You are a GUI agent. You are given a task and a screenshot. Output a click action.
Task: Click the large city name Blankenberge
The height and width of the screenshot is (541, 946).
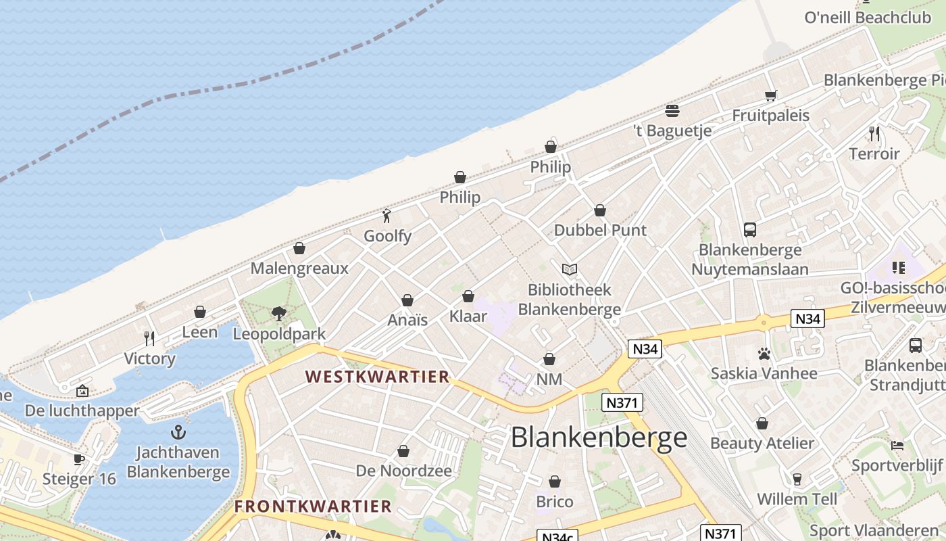(599, 438)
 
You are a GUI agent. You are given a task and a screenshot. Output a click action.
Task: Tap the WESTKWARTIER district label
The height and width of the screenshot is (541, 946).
(377, 377)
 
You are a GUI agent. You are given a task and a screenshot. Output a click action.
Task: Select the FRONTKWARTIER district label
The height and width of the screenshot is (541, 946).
(313, 506)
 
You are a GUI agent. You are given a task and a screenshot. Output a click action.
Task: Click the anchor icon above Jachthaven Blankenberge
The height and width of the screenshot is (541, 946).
(178, 431)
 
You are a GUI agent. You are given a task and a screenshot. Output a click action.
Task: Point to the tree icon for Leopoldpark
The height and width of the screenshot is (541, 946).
(278, 313)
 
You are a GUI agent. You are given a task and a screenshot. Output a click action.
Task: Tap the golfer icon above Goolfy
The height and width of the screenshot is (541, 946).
(387, 216)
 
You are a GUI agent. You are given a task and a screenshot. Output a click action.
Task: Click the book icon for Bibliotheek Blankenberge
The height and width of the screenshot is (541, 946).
(570, 270)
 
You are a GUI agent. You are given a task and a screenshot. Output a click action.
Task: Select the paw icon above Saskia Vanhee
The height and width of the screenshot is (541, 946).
(764, 353)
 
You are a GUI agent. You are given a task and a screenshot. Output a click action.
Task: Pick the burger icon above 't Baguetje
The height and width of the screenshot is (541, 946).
(672, 110)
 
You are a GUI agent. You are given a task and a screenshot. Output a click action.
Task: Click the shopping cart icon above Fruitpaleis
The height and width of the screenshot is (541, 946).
(771, 95)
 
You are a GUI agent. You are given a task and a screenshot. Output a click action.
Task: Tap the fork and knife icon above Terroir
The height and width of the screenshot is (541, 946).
(874, 133)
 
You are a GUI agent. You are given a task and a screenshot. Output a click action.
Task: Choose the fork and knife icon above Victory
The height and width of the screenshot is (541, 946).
(149, 338)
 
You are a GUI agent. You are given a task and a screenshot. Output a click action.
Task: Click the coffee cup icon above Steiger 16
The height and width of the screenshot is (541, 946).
(79, 459)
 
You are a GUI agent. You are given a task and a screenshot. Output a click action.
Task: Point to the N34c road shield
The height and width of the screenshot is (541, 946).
(558, 536)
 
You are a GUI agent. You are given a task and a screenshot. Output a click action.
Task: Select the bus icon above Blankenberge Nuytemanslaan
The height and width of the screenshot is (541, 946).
(750, 229)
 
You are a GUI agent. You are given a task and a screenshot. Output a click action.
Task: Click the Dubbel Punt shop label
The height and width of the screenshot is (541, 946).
(600, 230)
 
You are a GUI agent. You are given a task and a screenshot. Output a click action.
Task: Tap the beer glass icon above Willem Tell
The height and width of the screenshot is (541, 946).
(797, 479)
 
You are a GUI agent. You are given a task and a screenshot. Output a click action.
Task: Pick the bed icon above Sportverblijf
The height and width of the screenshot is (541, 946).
(897, 445)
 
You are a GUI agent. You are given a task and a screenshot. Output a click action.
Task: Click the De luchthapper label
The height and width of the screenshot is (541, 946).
(82, 410)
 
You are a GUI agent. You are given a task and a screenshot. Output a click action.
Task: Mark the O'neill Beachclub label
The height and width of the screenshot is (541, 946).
(868, 18)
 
